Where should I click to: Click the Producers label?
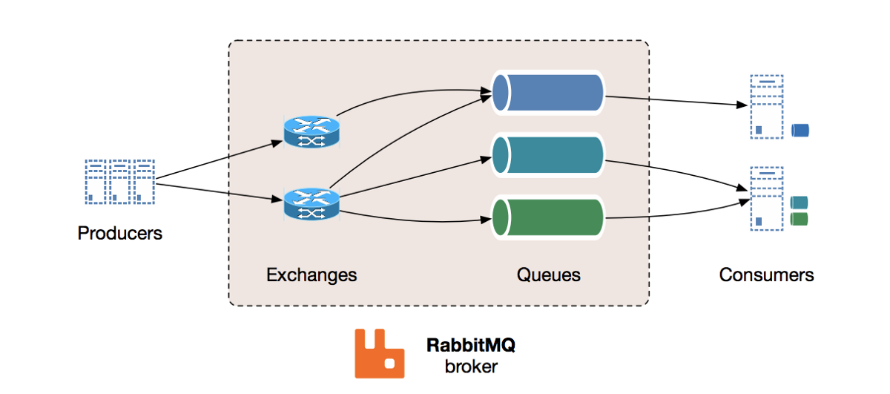(119, 233)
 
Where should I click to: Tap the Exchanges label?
(311, 275)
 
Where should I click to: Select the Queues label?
(548, 275)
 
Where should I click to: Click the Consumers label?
(766, 275)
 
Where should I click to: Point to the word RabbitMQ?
(471, 345)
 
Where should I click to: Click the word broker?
(471, 366)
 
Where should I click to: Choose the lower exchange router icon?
(311, 203)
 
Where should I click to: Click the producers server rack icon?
(119, 181)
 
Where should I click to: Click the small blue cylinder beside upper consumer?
(800, 131)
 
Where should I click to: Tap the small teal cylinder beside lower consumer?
(799, 203)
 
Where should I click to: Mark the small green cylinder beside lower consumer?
(799, 219)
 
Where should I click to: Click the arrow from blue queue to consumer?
(675, 102)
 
